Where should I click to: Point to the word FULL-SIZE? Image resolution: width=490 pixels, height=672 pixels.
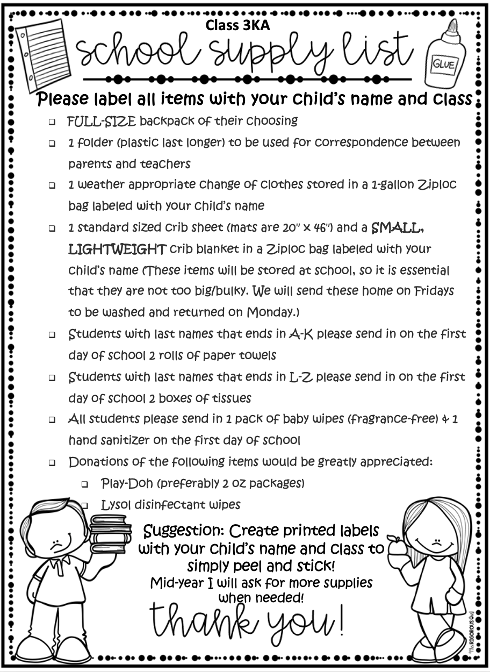(x=102, y=121)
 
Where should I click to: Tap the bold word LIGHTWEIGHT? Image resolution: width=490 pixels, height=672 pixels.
(x=117, y=249)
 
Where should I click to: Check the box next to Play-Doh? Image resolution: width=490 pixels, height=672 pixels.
(x=85, y=484)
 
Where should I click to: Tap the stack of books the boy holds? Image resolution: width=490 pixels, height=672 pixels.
(x=111, y=532)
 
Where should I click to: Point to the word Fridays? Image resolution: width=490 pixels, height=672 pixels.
(x=433, y=291)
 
